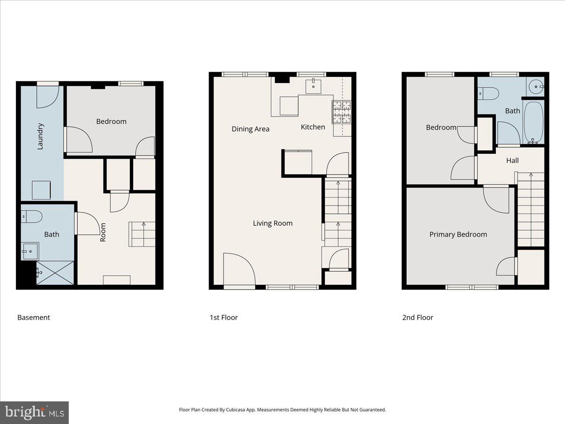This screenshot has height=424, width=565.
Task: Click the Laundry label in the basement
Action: point(40,136)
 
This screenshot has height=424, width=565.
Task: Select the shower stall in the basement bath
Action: point(55,273)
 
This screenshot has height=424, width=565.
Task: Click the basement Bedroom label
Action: point(111,122)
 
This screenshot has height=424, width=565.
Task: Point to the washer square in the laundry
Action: point(41,190)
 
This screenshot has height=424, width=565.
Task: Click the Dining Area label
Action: point(250,129)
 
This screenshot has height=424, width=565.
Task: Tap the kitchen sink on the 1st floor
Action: point(314,87)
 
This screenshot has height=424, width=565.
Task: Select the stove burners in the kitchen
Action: point(342,112)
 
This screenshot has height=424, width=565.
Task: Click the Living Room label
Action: point(273,223)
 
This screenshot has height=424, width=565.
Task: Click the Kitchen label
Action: point(313,127)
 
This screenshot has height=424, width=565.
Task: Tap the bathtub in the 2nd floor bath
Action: point(534,122)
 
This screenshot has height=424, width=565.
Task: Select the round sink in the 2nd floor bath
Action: point(535,87)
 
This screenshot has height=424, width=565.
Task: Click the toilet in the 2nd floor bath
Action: point(489,94)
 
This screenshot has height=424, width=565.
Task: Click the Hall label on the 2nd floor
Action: point(512,161)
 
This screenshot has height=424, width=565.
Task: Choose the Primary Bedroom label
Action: point(458,235)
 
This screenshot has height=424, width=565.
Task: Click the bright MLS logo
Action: point(34,413)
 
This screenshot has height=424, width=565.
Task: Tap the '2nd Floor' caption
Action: point(418,318)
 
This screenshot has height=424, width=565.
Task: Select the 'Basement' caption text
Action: point(33,318)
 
